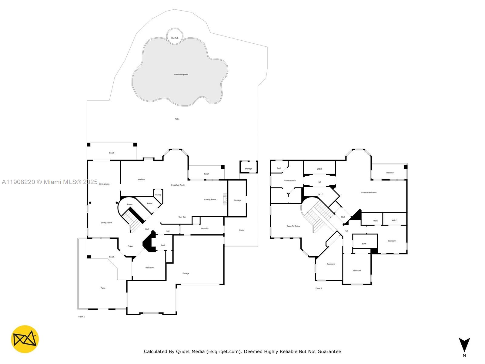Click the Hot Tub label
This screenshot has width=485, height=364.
(175, 38)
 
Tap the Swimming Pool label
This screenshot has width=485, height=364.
(181, 75)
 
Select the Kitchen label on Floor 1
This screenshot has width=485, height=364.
(141, 180)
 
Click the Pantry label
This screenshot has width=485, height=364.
(158, 195)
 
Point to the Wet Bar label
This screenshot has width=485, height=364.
(182, 217)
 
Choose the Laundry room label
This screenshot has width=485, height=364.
(205, 228)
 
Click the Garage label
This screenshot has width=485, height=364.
(186, 273)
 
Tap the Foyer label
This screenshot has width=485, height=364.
(130, 246)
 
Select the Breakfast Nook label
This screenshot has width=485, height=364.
(178, 185)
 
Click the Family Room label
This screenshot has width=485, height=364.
(210, 200)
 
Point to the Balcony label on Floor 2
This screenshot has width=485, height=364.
(390, 173)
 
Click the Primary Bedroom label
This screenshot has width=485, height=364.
(369, 192)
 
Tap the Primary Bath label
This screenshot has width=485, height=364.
(289, 180)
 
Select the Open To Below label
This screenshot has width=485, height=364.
(293, 226)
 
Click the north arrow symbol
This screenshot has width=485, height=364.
(464, 345)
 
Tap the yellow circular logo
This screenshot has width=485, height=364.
(25, 339)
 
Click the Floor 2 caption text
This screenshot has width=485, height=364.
(319, 288)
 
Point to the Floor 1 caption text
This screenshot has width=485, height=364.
(82, 317)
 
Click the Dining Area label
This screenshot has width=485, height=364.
(104, 184)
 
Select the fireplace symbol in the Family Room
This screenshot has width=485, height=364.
(225, 199)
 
